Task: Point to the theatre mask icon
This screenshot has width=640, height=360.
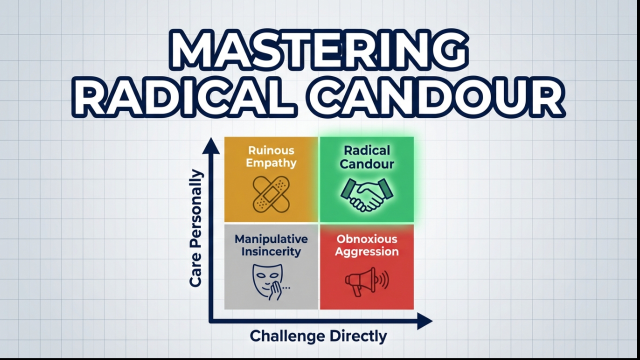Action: click(267, 280)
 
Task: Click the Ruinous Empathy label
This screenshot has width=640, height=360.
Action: click(271, 156)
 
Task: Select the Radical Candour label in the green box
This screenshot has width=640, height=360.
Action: click(366, 156)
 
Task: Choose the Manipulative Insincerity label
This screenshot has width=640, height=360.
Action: click(271, 245)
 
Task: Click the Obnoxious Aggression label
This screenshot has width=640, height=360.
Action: click(366, 245)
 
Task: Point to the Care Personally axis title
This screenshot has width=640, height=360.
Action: click(196, 228)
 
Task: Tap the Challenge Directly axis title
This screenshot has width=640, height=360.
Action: click(318, 336)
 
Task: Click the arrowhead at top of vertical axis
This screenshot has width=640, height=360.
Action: click(211, 145)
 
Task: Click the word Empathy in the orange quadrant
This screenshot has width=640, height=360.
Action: click(271, 163)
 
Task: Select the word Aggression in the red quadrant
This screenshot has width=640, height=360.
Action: click(366, 251)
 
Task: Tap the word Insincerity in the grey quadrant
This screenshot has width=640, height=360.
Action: click(271, 251)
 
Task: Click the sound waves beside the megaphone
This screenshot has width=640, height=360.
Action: click(383, 280)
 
